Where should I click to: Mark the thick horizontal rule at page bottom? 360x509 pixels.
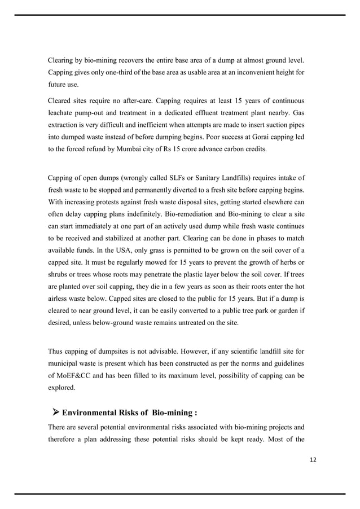tap(180, 494)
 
